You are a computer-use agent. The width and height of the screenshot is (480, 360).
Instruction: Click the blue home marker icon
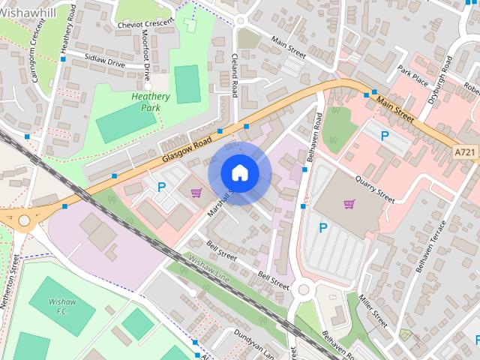point(239,172)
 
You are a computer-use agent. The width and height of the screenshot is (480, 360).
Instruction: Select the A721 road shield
point(465,152)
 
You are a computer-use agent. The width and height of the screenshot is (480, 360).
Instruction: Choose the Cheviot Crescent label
point(145,24)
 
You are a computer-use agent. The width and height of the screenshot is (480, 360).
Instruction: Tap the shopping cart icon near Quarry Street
point(349,203)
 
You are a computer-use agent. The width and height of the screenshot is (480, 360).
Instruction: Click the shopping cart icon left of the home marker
point(196,193)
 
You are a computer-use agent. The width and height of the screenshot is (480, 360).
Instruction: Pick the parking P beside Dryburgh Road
point(385,136)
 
